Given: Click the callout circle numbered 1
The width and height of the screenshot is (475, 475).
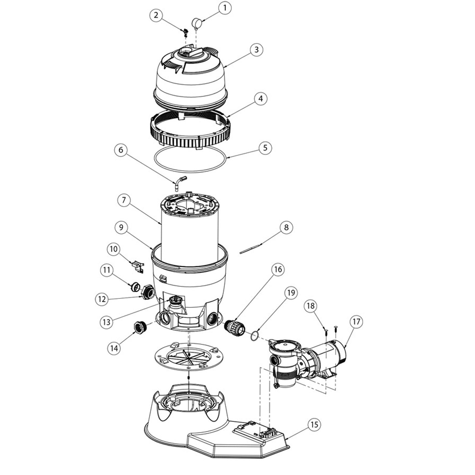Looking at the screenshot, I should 224,8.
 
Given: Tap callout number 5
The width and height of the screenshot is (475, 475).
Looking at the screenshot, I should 265,148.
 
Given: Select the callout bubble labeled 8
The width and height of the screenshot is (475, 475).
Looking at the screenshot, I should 286,227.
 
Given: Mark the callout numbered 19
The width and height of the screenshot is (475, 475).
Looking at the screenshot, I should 291,293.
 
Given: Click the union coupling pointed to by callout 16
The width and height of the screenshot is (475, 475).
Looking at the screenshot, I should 235,327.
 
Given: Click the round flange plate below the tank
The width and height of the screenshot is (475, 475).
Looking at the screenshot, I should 189,358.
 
